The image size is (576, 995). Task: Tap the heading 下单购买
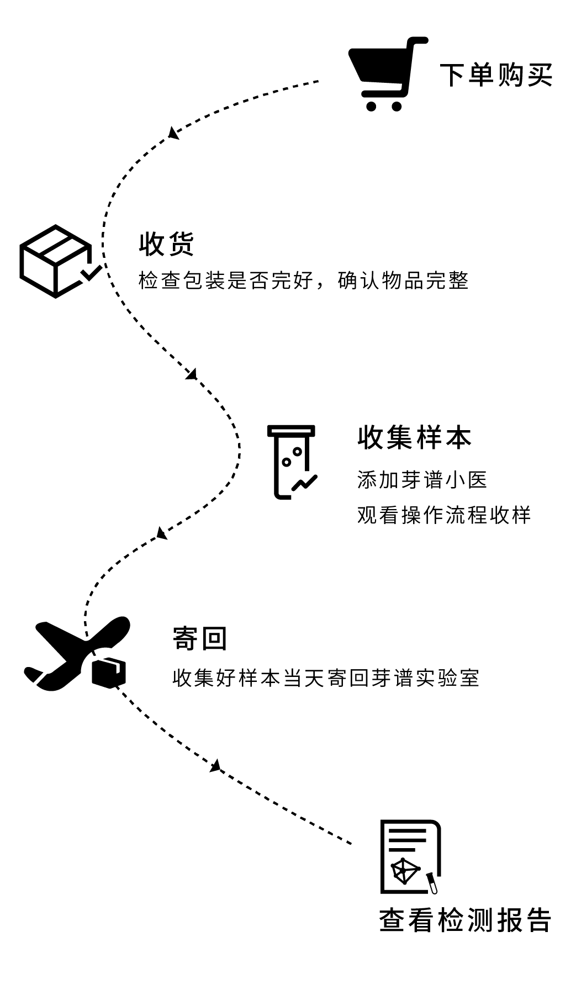click(495, 75)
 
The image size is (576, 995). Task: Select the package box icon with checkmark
click(58, 261)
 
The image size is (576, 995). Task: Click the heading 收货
click(166, 244)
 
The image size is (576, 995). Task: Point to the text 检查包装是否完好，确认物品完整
click(303, 280)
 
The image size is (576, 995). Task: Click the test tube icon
click(291, 462)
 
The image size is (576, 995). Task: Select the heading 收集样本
click(414, 438)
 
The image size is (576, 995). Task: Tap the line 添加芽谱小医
click(422, 480)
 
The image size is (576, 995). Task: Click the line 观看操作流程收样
click(443, 515)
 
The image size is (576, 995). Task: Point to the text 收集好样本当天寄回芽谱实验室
click(326, 678)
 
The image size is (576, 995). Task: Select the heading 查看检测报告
click(465, 920)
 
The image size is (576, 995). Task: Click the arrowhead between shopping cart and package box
click(173, 133)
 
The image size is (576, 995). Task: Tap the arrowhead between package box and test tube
click(192, 374)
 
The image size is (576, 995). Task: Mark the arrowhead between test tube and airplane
click(161, 533)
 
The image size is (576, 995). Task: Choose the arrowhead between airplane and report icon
click(215, 766)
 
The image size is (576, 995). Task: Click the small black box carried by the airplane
click(108, 672)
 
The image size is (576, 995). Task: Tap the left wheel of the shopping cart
click(372, 105)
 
